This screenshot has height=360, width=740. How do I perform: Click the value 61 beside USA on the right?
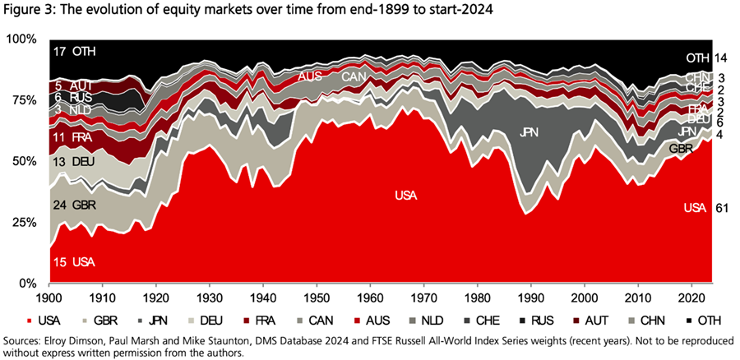(721, 207)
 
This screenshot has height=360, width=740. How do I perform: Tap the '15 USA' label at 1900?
(72, 261)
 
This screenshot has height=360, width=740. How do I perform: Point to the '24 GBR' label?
(73, 204)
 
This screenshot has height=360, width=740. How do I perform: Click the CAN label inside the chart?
(354, 76)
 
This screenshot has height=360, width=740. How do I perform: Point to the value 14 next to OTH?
(721, 58)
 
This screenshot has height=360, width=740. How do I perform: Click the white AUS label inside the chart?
(310, 76)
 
